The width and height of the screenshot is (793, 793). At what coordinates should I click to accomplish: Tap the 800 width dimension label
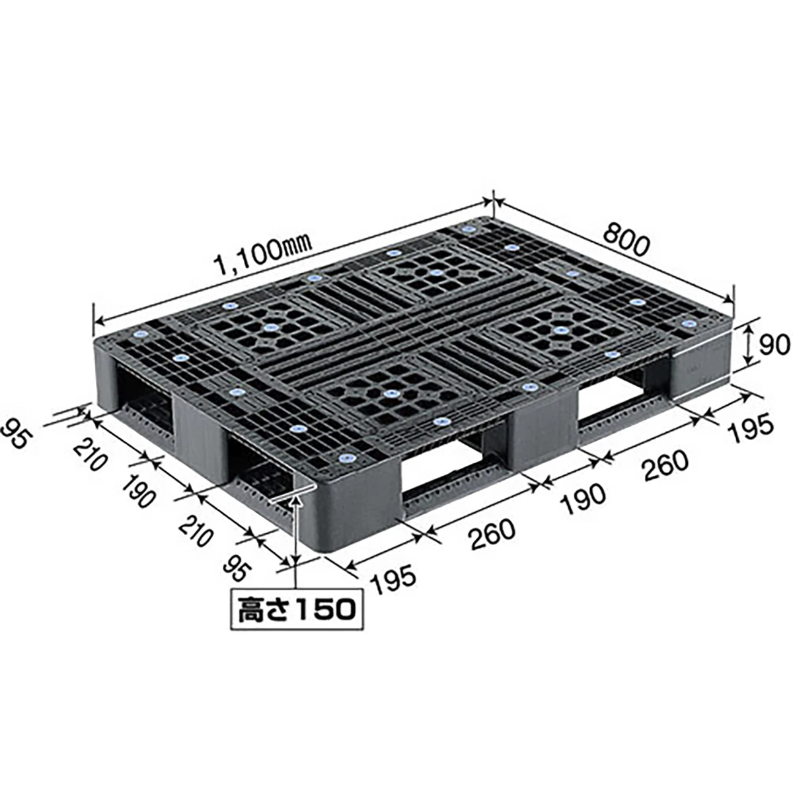pos(623,242)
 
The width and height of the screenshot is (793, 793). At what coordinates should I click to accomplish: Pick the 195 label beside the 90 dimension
pos(749,426)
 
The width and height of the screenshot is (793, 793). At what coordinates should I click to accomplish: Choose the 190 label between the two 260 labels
pos(582,494)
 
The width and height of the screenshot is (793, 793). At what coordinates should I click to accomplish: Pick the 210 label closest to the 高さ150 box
pos(196,532)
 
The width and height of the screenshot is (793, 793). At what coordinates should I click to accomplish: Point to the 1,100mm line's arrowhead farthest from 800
pos(97,321)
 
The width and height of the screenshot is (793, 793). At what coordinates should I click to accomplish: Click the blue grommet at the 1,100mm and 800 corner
pos(469,229)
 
